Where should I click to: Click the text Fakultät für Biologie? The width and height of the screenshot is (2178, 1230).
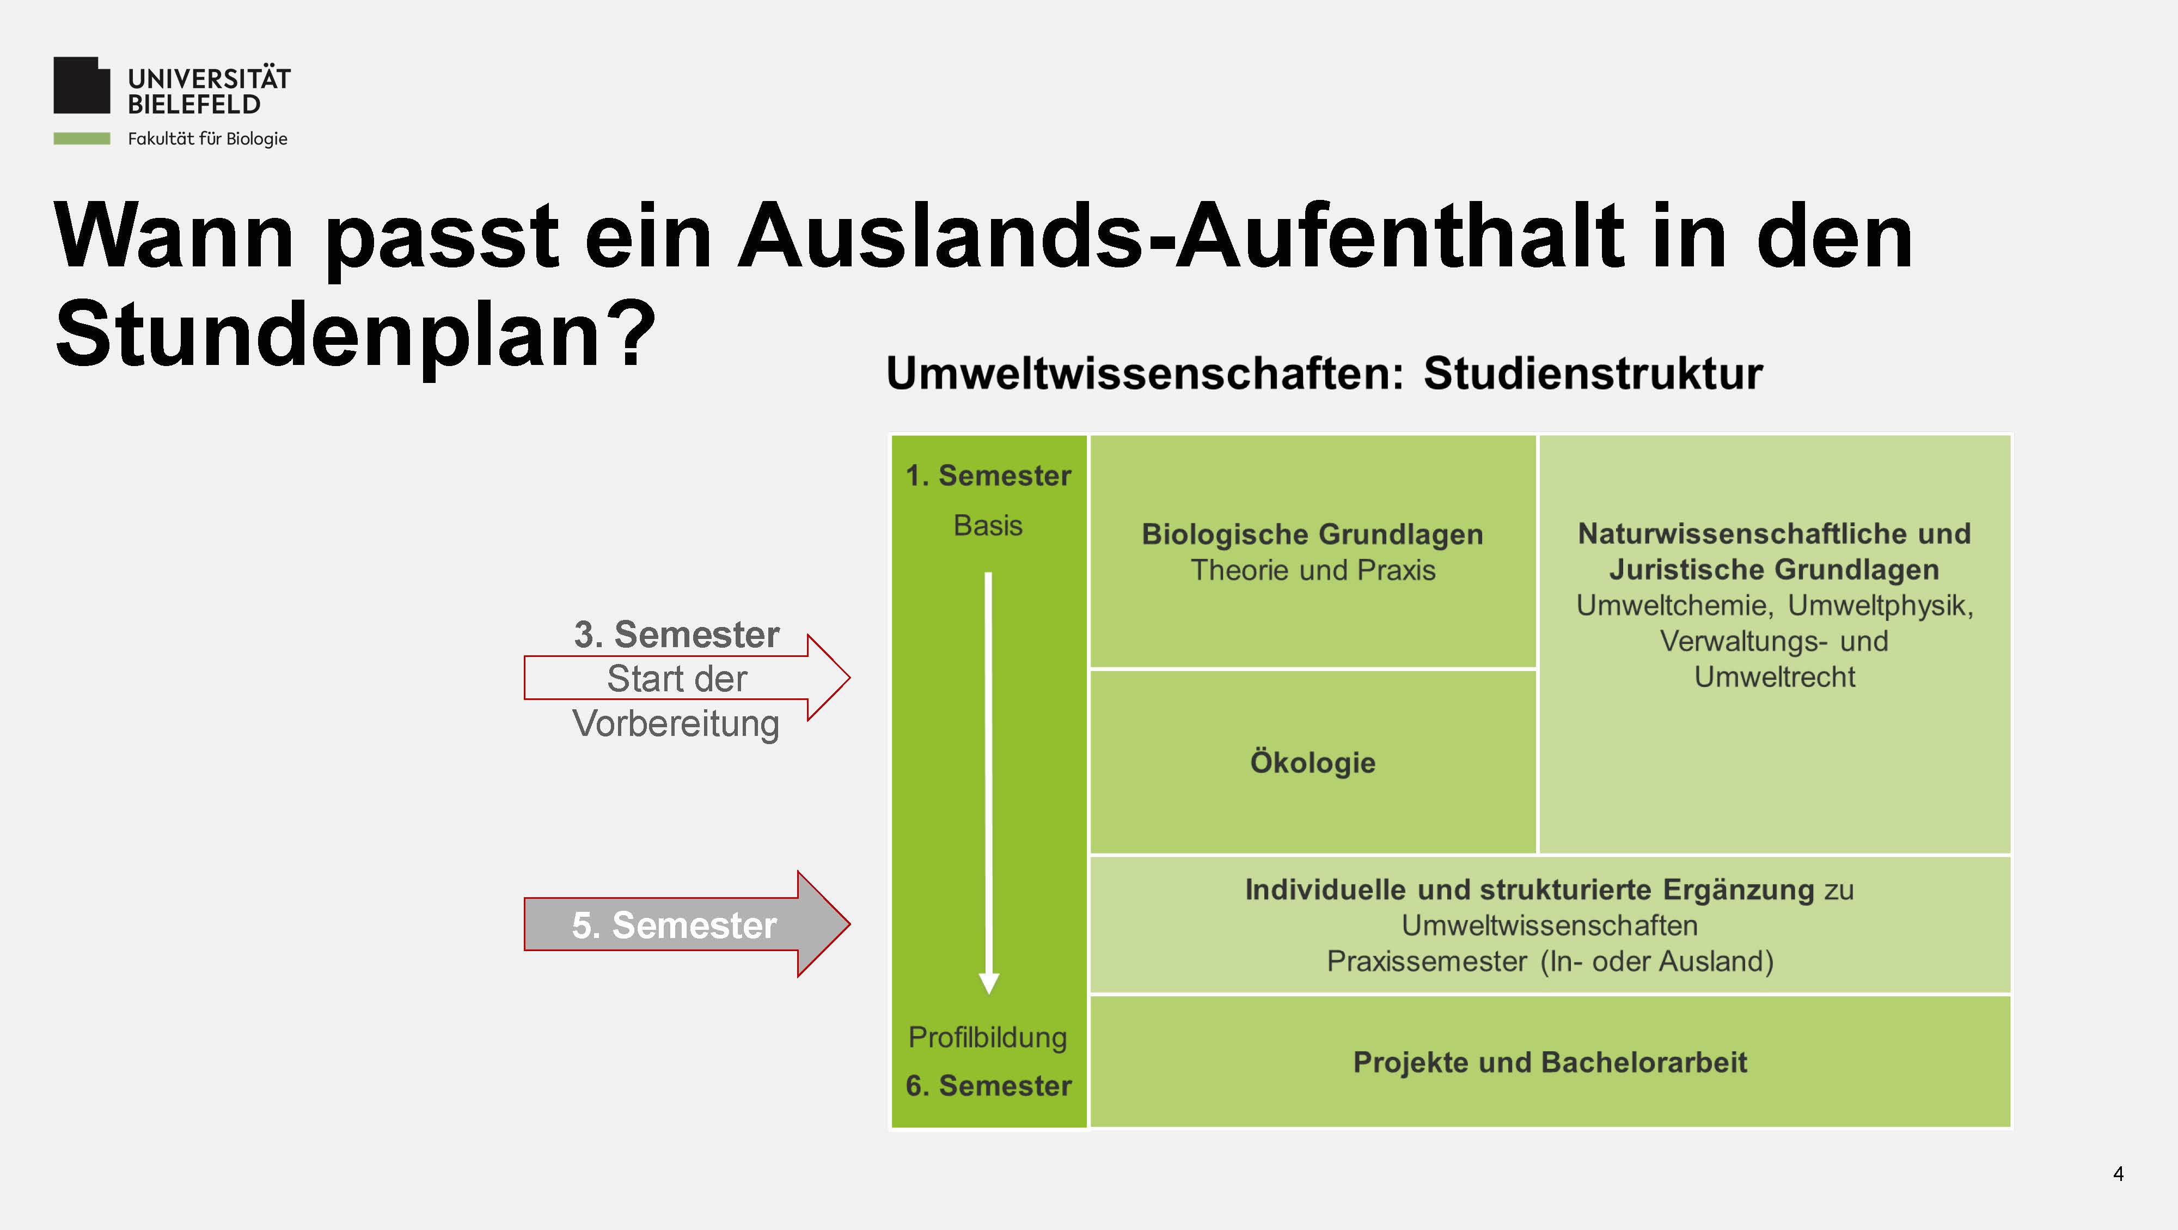207,139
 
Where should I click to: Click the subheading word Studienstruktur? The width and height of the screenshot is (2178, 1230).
1593,373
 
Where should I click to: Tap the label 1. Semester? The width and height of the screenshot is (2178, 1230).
988,476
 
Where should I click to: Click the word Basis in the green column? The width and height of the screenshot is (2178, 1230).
988,525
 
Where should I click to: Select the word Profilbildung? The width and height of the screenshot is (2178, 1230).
988,1038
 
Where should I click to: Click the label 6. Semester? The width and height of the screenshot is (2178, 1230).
988,1085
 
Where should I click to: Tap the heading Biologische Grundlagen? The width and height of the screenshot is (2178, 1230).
1312,534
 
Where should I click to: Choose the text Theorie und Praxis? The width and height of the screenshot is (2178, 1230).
1313,570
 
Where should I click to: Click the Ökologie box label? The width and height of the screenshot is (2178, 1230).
1313,762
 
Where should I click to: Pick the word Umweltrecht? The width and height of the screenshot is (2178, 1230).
1775,677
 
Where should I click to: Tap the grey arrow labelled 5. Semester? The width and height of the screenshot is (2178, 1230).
687,924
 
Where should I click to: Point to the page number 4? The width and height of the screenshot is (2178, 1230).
2118,1173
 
